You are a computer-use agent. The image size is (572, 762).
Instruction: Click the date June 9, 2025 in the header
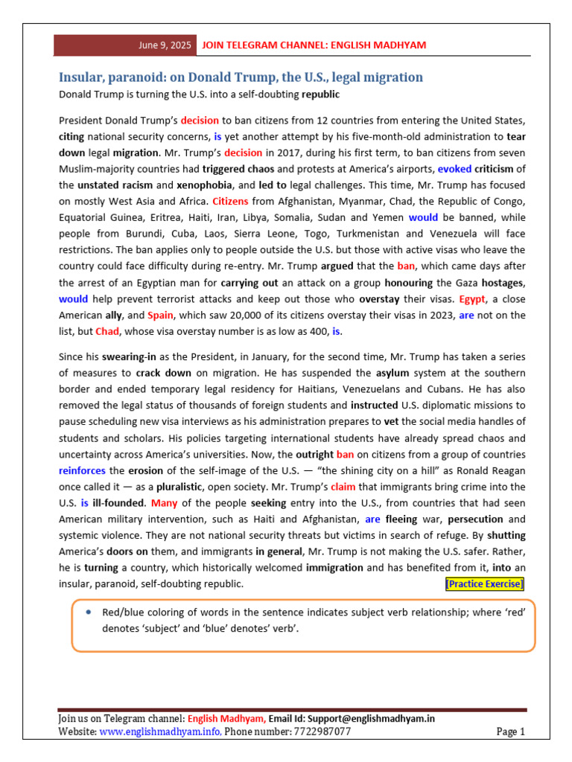pyautogui.click(x=165, y=45)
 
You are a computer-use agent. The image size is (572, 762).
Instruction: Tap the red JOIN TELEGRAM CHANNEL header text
pyautogui.click(x=314, y=45)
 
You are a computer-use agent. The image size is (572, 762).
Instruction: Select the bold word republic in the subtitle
pyautogui.click(x=320, y=95)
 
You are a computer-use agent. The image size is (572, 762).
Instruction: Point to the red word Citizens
pyautogui.click(x=231, y=201)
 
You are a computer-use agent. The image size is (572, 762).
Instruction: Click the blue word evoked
pyautogui.click(x=454, y=169)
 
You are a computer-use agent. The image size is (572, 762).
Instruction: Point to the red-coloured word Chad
pyautogui.click(x=107, y=331)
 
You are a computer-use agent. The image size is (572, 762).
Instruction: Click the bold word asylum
pyautogui.click(x=392, y=372)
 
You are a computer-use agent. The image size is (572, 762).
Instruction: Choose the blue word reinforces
pyautogui.click(x=82, y=470)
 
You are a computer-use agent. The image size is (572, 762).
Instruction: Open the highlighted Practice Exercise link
pyautogui.click(x=484, y=584)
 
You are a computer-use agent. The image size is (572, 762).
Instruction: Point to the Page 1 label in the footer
pyautogui.click(x=510, y=732)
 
